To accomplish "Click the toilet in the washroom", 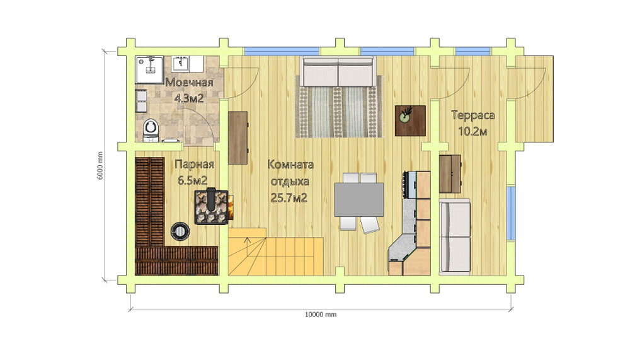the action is click(x=151, y=131).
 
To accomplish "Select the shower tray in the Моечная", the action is click(x=149, y=70).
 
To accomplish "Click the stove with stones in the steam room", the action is click(x=211, y=207).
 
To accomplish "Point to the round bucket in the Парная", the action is click(x=180, y=231).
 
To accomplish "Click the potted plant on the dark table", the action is click(x=405, y=115).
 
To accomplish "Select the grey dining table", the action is click(x=359, y=199).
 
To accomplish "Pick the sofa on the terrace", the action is click(x=455, y=237).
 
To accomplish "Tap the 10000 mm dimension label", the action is click(x=321, y=315).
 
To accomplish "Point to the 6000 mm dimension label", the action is click(x=100, y=165).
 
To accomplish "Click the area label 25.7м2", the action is click(x=289, y=198).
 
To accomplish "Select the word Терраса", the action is click(x=473, y=115).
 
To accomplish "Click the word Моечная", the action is click(x=189, y=83).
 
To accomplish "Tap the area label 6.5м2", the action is click(x=193, y=180).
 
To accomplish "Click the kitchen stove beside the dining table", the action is click(x=410, y=185).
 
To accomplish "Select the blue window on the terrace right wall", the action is click(x=510, y=212).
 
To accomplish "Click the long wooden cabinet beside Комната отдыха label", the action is click(x=238, y=137).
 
